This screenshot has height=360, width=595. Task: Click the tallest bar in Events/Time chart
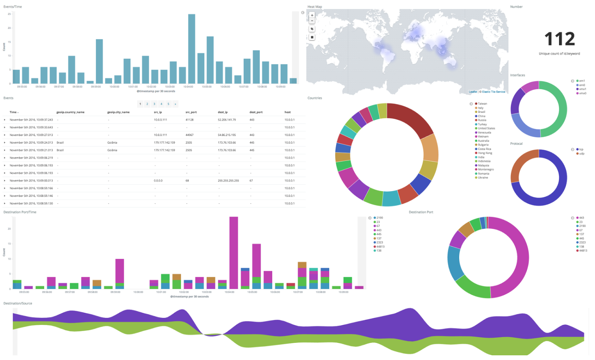pyautogui.click(x=191, y=49)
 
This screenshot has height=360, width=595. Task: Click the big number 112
pyautogui.click(x=559, y=39)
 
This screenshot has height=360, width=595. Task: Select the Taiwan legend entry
pyautogui.click(x=482, y=104)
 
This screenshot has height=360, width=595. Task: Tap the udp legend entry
pyautogui.click(x=581, y=153)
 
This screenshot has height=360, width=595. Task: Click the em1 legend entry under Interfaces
pyautogui.click(x=582, y=81)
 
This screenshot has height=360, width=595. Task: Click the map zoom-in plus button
pyautogui.click(x=312, y=15)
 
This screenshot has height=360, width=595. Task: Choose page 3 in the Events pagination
pyautogui.click(x=154, y=104)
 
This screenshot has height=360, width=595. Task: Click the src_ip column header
pyautogui.click(x=158, y=112)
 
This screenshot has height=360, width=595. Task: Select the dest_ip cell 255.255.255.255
pyautogui.click(x=228, y=181)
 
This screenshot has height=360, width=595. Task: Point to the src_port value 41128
pyautogui.click(x=189, y=120)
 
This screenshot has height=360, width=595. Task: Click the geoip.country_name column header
pyautogui.click(x=70, y=112)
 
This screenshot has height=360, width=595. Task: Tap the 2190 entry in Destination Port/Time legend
pyautogui.click(x=379, y=218)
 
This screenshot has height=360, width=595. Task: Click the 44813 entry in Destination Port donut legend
pyautogui.click(x=583, y=251)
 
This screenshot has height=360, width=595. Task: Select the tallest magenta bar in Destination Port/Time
pyautogui.click(x=233, y=253)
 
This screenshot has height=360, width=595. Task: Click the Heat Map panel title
pyautogui.click(x=315, y=7)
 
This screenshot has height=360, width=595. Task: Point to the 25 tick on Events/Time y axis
pyautogui.click(x=9, y=14)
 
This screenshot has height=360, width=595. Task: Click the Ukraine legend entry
pyautogui.click(x=483, y=178)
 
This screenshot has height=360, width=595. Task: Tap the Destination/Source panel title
pyautogui.click(x=18, y=303)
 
